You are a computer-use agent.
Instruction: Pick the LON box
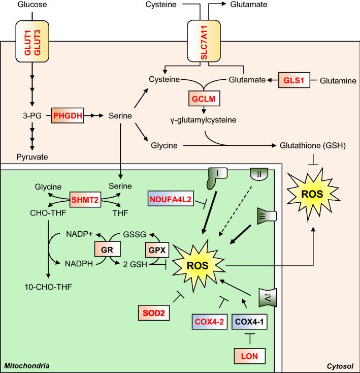tap(250, 356)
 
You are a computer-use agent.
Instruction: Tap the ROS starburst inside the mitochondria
tap(199, 265)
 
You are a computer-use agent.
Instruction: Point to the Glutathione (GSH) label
tap(313, 146)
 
